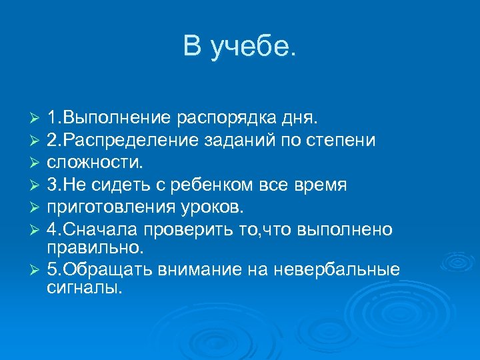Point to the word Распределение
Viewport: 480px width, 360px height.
pos(127,140)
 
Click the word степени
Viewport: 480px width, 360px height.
pos(343,140)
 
